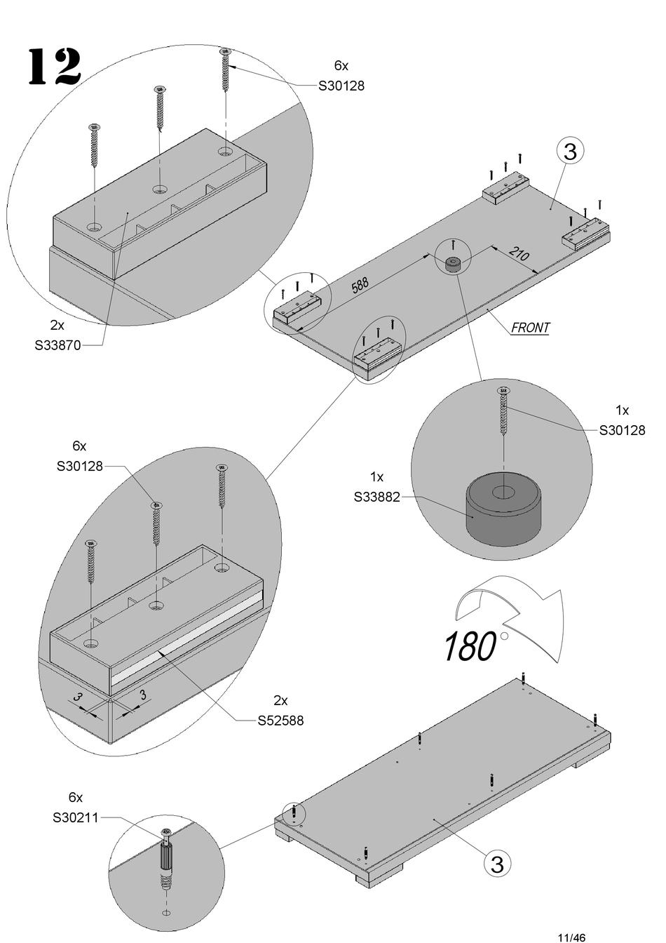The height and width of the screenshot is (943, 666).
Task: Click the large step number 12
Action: tap(54, 67)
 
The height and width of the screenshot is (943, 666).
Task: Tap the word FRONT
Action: tap(530, 328)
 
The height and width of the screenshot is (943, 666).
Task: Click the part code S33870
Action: tap(57, 345)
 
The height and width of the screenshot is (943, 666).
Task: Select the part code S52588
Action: tap(280, 721)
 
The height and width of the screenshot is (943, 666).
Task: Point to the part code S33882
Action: tap(377, 497)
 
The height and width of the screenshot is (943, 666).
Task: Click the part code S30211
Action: tap(76, 817)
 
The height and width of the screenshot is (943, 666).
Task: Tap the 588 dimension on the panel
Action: tap(360, 286)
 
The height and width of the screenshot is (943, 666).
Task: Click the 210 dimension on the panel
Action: tap(519, 253)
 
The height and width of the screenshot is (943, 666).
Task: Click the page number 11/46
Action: tap(571, 937)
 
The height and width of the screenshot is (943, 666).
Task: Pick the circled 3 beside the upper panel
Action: tap(570, 152)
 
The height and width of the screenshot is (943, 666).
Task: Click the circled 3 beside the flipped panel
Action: tap(497, 864)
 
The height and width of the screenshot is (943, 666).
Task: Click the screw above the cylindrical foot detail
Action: tap(503, 411)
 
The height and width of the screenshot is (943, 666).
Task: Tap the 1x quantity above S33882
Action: tap(377, 477)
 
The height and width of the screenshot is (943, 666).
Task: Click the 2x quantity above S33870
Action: tap(57, 325)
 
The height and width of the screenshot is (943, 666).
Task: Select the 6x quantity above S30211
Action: tap(76, 797)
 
